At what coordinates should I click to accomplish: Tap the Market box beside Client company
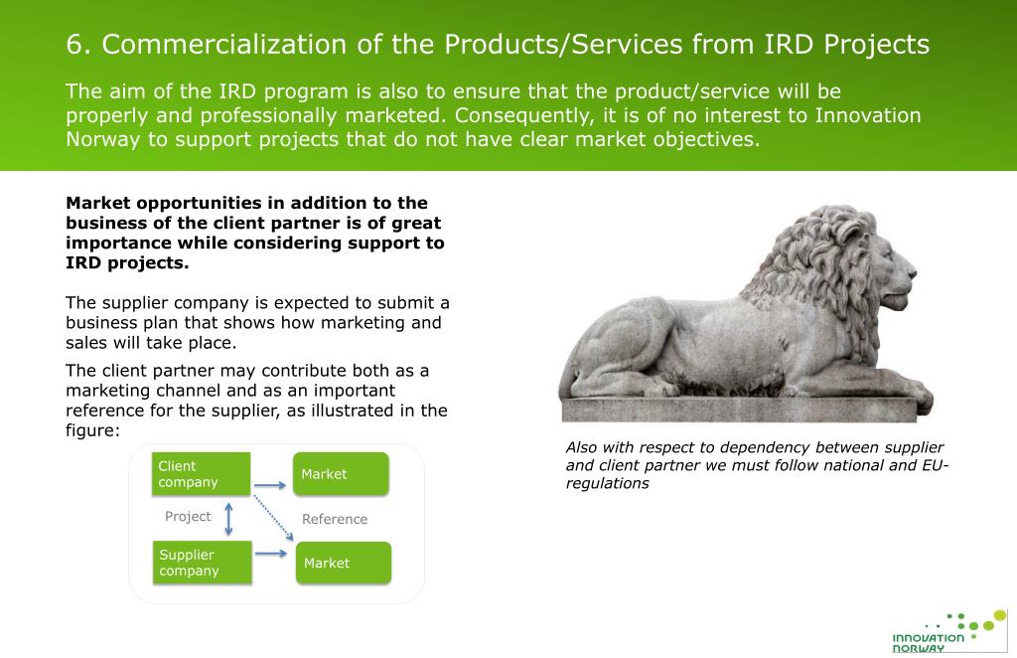(x=340, y=474)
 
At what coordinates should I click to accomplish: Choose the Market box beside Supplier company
(x=342, y=563)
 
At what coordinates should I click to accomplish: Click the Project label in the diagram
(x=188, y=516)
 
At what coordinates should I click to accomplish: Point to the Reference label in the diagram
(x=335, y=519)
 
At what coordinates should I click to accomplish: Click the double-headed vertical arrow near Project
(x=230, y=517)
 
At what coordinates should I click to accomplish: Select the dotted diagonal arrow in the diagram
(x=273, y=518)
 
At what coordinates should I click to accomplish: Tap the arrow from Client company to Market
(x=270, y=486)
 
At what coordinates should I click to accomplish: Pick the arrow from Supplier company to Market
(x=271, y=552)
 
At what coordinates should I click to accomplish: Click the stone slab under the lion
(x=745, y=410)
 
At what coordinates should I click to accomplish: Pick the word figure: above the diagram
(x=92, y=430)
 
